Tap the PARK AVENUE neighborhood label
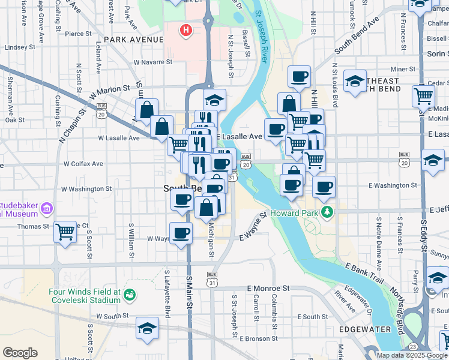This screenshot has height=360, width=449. tap(133, 40)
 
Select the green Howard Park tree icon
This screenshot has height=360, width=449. tap(327, 212)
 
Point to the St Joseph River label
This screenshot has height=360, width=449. tap(262, 36)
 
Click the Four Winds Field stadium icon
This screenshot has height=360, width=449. tap(130, 295)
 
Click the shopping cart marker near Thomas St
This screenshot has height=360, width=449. tap(65, 231)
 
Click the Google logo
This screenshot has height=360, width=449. tap(20, 353)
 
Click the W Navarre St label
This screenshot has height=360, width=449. tap(157, 62)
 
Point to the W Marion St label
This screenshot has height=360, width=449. tap(110, 91)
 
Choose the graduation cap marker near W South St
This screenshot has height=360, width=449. tap(146, 328)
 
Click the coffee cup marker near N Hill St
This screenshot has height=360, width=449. tap(299, 77)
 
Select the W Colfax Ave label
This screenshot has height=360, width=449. tap(82, 163)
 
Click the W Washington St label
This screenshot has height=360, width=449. tap(86, 189)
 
